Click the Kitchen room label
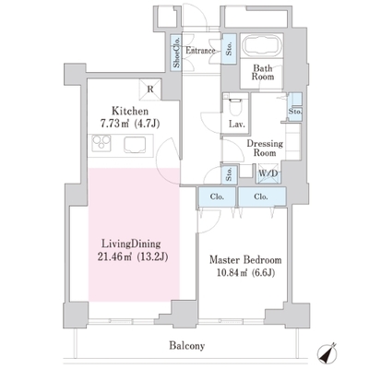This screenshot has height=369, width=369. [x=130, y=111]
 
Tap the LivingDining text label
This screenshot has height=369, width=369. [x=131, y=244]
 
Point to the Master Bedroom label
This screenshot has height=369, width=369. [x=245, y=260]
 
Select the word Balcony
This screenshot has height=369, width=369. [x=187, y=346]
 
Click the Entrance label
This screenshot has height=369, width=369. [x=200, y=51]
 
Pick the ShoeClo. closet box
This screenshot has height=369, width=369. [x=176, y=52]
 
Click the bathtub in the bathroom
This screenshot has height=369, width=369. [x=262, y=45]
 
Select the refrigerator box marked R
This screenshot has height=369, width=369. [x=150, y=89]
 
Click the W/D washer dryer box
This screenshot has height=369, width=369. [x=268, y=173]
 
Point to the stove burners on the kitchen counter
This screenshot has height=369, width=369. [x=101, y=143]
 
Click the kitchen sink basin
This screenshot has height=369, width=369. [x=135, y=145]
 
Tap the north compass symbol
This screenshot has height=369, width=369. [x=327, y=353]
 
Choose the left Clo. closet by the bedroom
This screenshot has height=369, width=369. [x=217, y=196]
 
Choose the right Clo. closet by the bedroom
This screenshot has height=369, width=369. [x=262, y=196]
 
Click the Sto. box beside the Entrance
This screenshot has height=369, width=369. [x=229, y=49]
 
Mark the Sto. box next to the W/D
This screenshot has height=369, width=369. [x=229, y=175]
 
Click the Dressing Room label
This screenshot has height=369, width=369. [x=265, y=148]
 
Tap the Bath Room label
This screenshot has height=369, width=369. [x=263, y=72]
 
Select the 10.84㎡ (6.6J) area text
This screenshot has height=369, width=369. [x=245, y=272]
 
